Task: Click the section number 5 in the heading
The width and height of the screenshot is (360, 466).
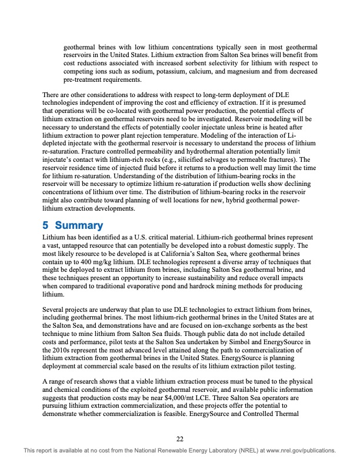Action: [46, 225]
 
